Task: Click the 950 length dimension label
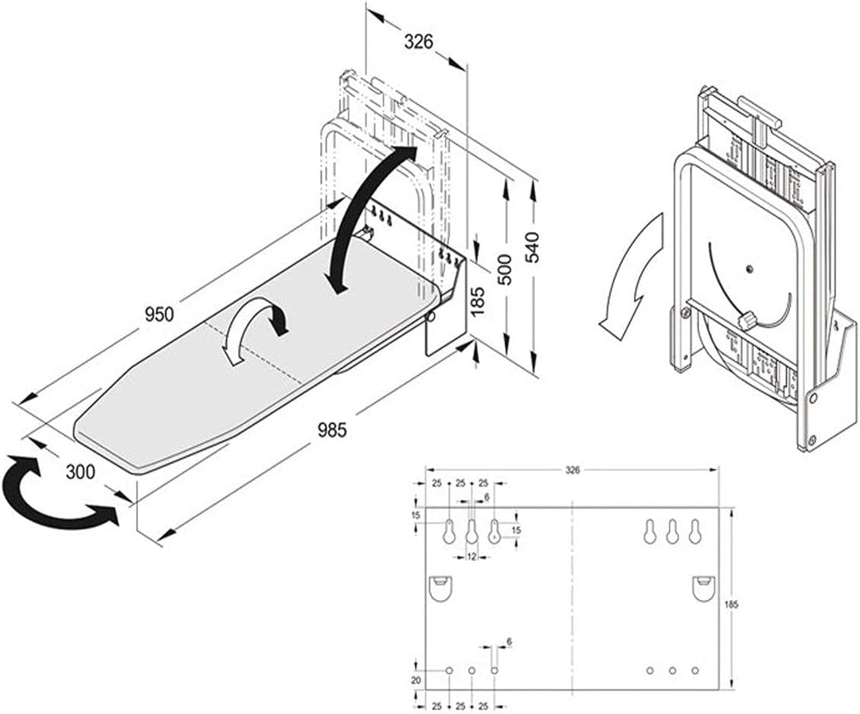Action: point(159,315)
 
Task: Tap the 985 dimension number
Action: point(332,430)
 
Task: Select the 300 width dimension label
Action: point(80,472)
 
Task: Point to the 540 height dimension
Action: point(532,247)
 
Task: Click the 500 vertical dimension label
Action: point(504,269)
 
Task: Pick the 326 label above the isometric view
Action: point(419,41)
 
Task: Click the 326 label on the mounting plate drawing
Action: point(572,470)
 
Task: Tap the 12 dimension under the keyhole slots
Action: point(471,557)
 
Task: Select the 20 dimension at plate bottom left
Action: point(416,681)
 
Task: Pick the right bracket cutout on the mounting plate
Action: point(704,588)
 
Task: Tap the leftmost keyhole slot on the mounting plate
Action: point(449,532)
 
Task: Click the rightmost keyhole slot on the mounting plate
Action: point(695,532)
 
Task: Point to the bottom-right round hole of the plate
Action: point(695,671)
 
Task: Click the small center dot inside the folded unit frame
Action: point(749,269)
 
